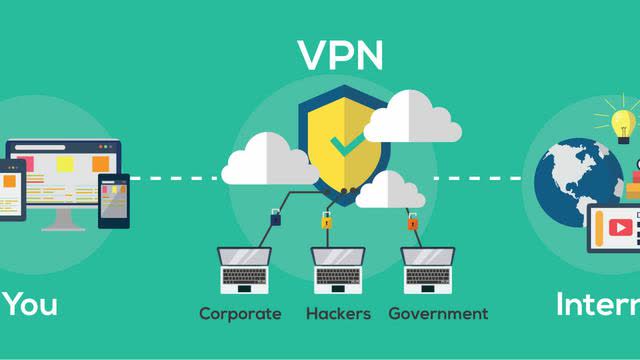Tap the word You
[x=29, y=305]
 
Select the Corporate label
[x=240, y=314]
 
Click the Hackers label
[x=339, y=314]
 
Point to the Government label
[x=438, y=314]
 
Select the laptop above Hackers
[x=338, y=268]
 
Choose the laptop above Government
[x=429, y=268]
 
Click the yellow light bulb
[x=623, y=123]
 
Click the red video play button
[x=620, y=228]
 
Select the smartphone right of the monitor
[x=113, y=199]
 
